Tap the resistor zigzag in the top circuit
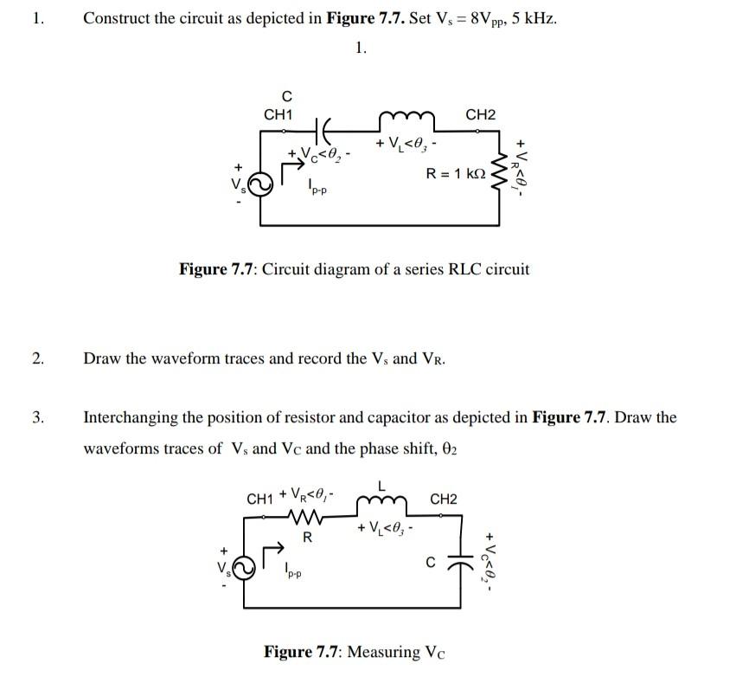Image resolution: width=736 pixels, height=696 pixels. click(499, 168)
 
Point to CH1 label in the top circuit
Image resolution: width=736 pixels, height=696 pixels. click(278, 114)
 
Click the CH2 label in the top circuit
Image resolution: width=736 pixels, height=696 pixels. click(481, 114)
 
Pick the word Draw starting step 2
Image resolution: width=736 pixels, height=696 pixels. click(101, 358)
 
